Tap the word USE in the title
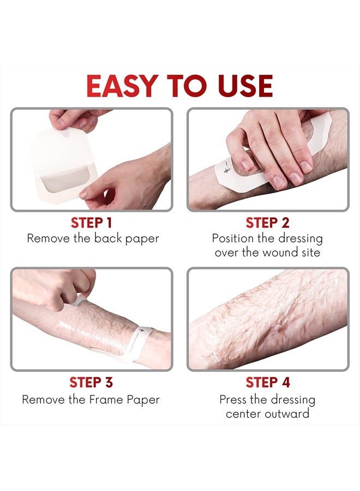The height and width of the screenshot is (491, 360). [242, 86]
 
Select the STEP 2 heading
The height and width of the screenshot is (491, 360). [268, 223]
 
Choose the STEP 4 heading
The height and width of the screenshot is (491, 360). [268, 382]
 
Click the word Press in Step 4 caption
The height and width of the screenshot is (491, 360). [233, 399]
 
